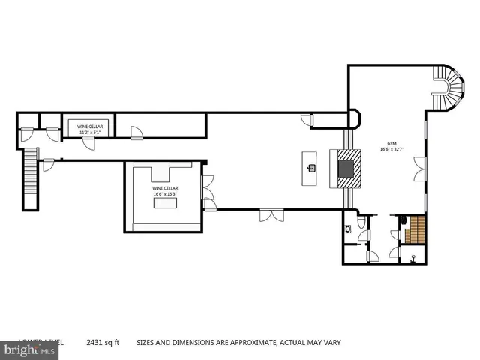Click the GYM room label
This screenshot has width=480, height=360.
(391, 142)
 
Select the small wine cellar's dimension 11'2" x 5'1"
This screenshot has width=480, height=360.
(88, 133)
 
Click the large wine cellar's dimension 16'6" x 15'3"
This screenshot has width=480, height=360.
(164, 194)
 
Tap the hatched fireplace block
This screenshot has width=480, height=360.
(348, 169)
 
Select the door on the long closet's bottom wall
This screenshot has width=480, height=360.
(136, 134)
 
